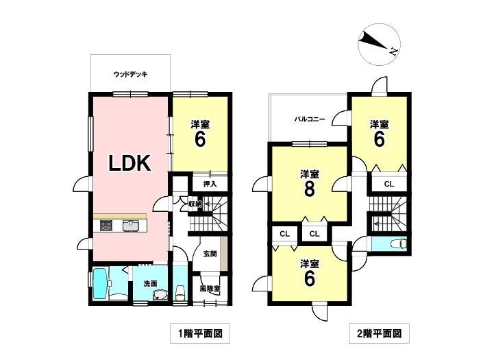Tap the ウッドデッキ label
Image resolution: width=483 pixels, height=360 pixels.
pos(131,74)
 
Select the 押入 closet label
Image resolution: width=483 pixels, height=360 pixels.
pos(210,184)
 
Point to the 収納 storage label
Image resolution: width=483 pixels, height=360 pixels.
pos(195,204)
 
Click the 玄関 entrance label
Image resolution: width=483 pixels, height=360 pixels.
pos(210,254)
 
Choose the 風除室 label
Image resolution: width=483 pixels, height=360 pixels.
pos(210,289)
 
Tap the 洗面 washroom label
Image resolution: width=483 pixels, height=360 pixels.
pos(150,283)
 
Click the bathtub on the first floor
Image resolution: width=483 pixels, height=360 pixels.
pos(99,285)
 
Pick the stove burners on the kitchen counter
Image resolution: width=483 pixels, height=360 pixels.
pos(106,225)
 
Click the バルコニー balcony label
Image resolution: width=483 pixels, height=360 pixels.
pos(310,119)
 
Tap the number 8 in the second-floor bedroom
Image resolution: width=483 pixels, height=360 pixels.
pos(309,189)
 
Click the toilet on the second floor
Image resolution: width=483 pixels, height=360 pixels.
pos(397,244)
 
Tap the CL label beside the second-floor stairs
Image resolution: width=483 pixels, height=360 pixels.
pos(388,183)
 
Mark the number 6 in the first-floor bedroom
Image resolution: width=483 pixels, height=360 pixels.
pos(199,139)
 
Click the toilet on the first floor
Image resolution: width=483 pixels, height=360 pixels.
pos(180,291)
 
